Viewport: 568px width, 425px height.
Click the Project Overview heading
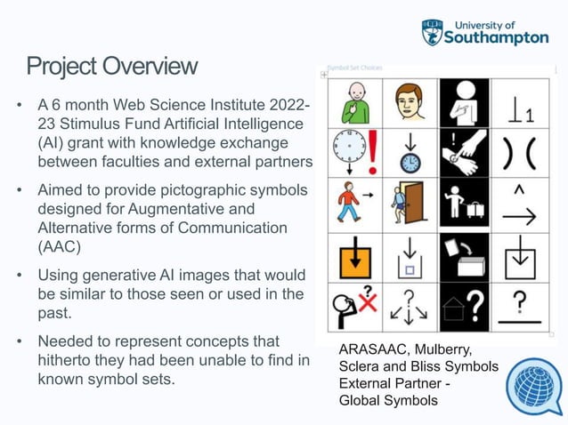(x=111, y=67)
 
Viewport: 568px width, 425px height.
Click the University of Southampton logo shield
(x=432, y=32)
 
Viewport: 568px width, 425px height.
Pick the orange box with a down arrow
(x=355, y=258)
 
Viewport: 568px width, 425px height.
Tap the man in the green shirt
(x=354, y=103)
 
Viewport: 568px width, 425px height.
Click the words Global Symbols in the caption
(x=389, y=401)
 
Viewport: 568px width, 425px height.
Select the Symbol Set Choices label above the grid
(x=354, y=68)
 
